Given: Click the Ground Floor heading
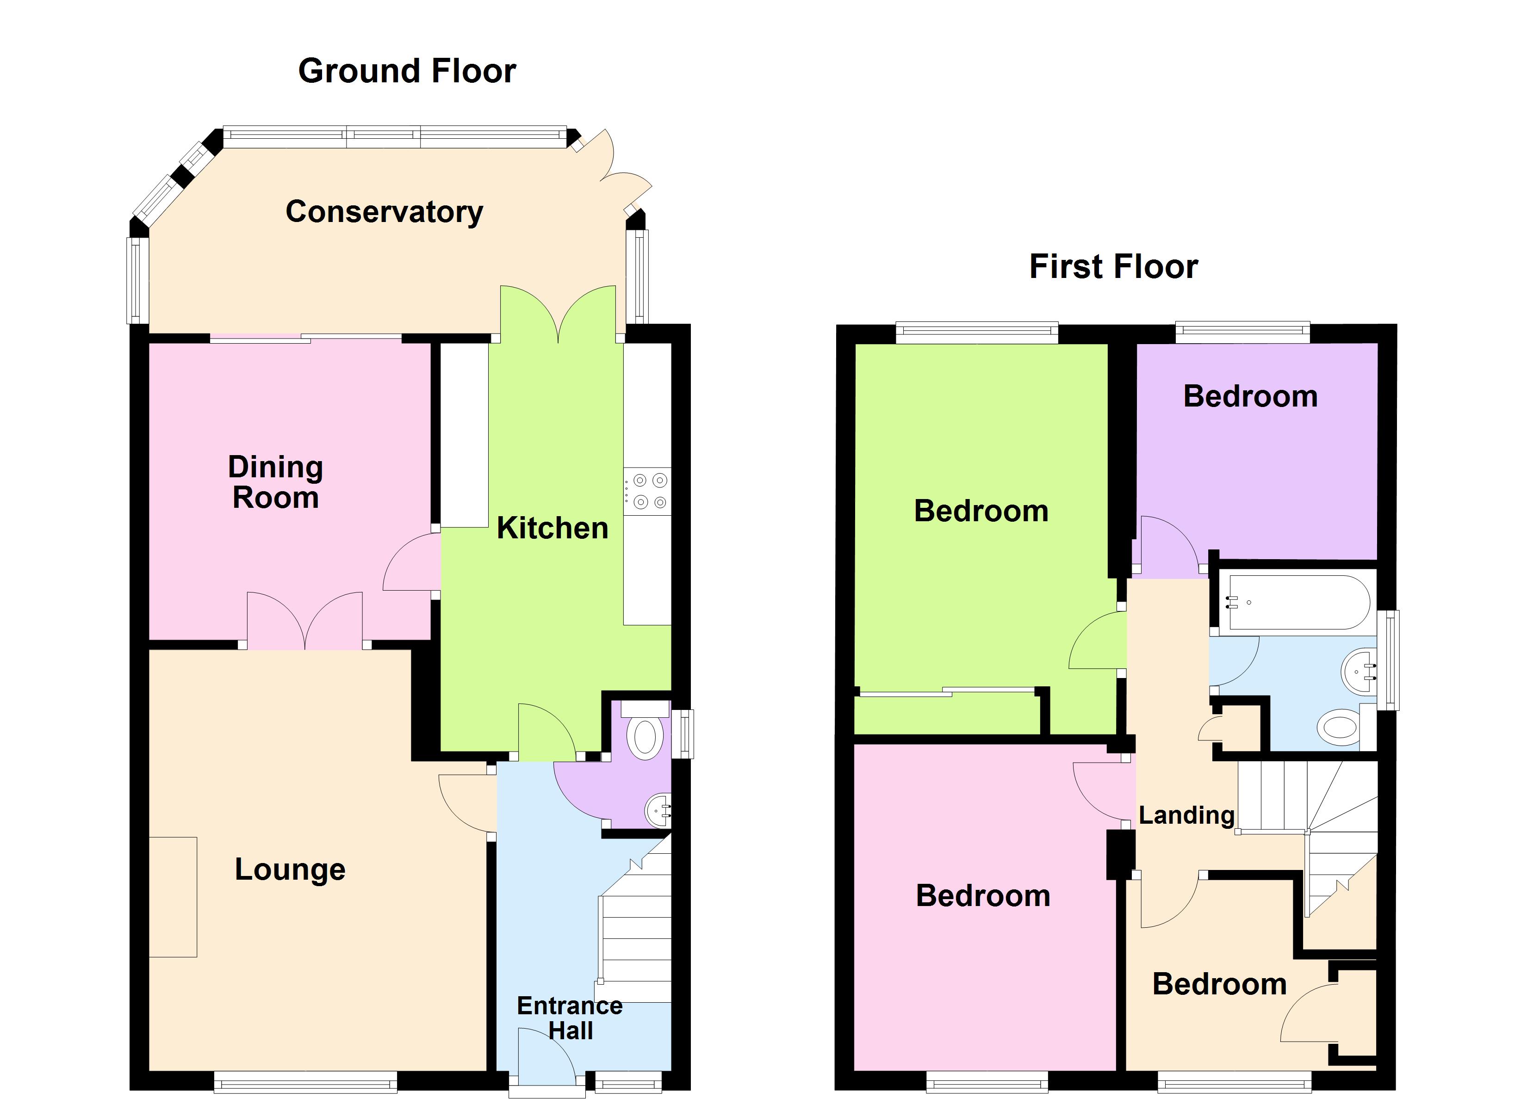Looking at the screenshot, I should [407, 71].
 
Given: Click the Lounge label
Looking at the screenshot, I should [290, 869].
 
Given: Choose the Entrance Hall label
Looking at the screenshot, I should [570, 1018].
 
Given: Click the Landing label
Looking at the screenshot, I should [1186, 815].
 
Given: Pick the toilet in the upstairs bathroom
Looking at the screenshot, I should [1339, 728].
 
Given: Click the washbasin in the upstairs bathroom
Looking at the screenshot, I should [1360, 671].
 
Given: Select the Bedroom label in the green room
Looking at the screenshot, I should [981, 511].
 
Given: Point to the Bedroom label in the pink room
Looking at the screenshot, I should [982, 896].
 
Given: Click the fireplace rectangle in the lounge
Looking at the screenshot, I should [173, 897].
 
